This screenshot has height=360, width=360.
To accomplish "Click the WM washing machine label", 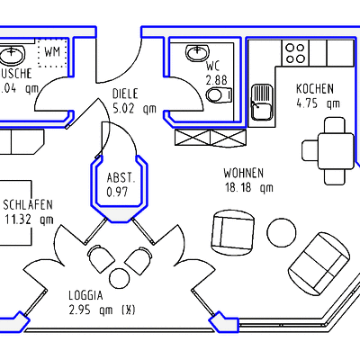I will [52, 51].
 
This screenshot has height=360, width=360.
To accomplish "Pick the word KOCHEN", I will [315, 88].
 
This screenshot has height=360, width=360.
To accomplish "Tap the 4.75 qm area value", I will [318, 103].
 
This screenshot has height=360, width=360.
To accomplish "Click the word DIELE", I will [125, 94].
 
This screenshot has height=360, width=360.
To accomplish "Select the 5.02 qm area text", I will [134, 108].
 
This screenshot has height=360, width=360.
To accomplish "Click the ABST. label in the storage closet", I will [121, 177].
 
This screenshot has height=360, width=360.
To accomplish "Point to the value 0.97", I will [117, 192].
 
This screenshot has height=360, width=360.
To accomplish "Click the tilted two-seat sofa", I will [320, 260].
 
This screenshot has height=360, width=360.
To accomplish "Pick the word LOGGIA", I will [86, 295].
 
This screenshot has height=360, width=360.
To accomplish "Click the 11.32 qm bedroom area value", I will [29, 218].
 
